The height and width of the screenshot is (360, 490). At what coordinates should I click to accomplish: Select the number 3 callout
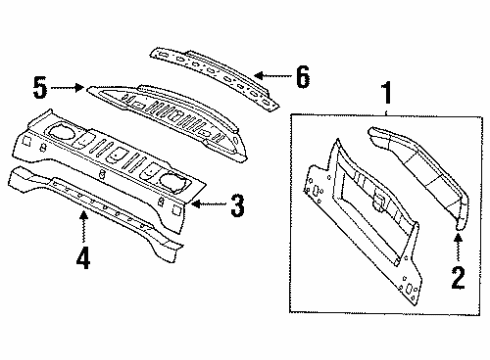coord(236,207)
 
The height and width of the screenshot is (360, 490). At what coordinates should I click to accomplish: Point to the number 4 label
coord(82,258)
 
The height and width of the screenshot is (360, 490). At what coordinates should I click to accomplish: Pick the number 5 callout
coord(41,88)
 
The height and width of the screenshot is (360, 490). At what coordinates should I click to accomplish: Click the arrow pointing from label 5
coord(68,88)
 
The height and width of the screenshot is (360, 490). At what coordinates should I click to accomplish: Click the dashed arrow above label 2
coord(460,245)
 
